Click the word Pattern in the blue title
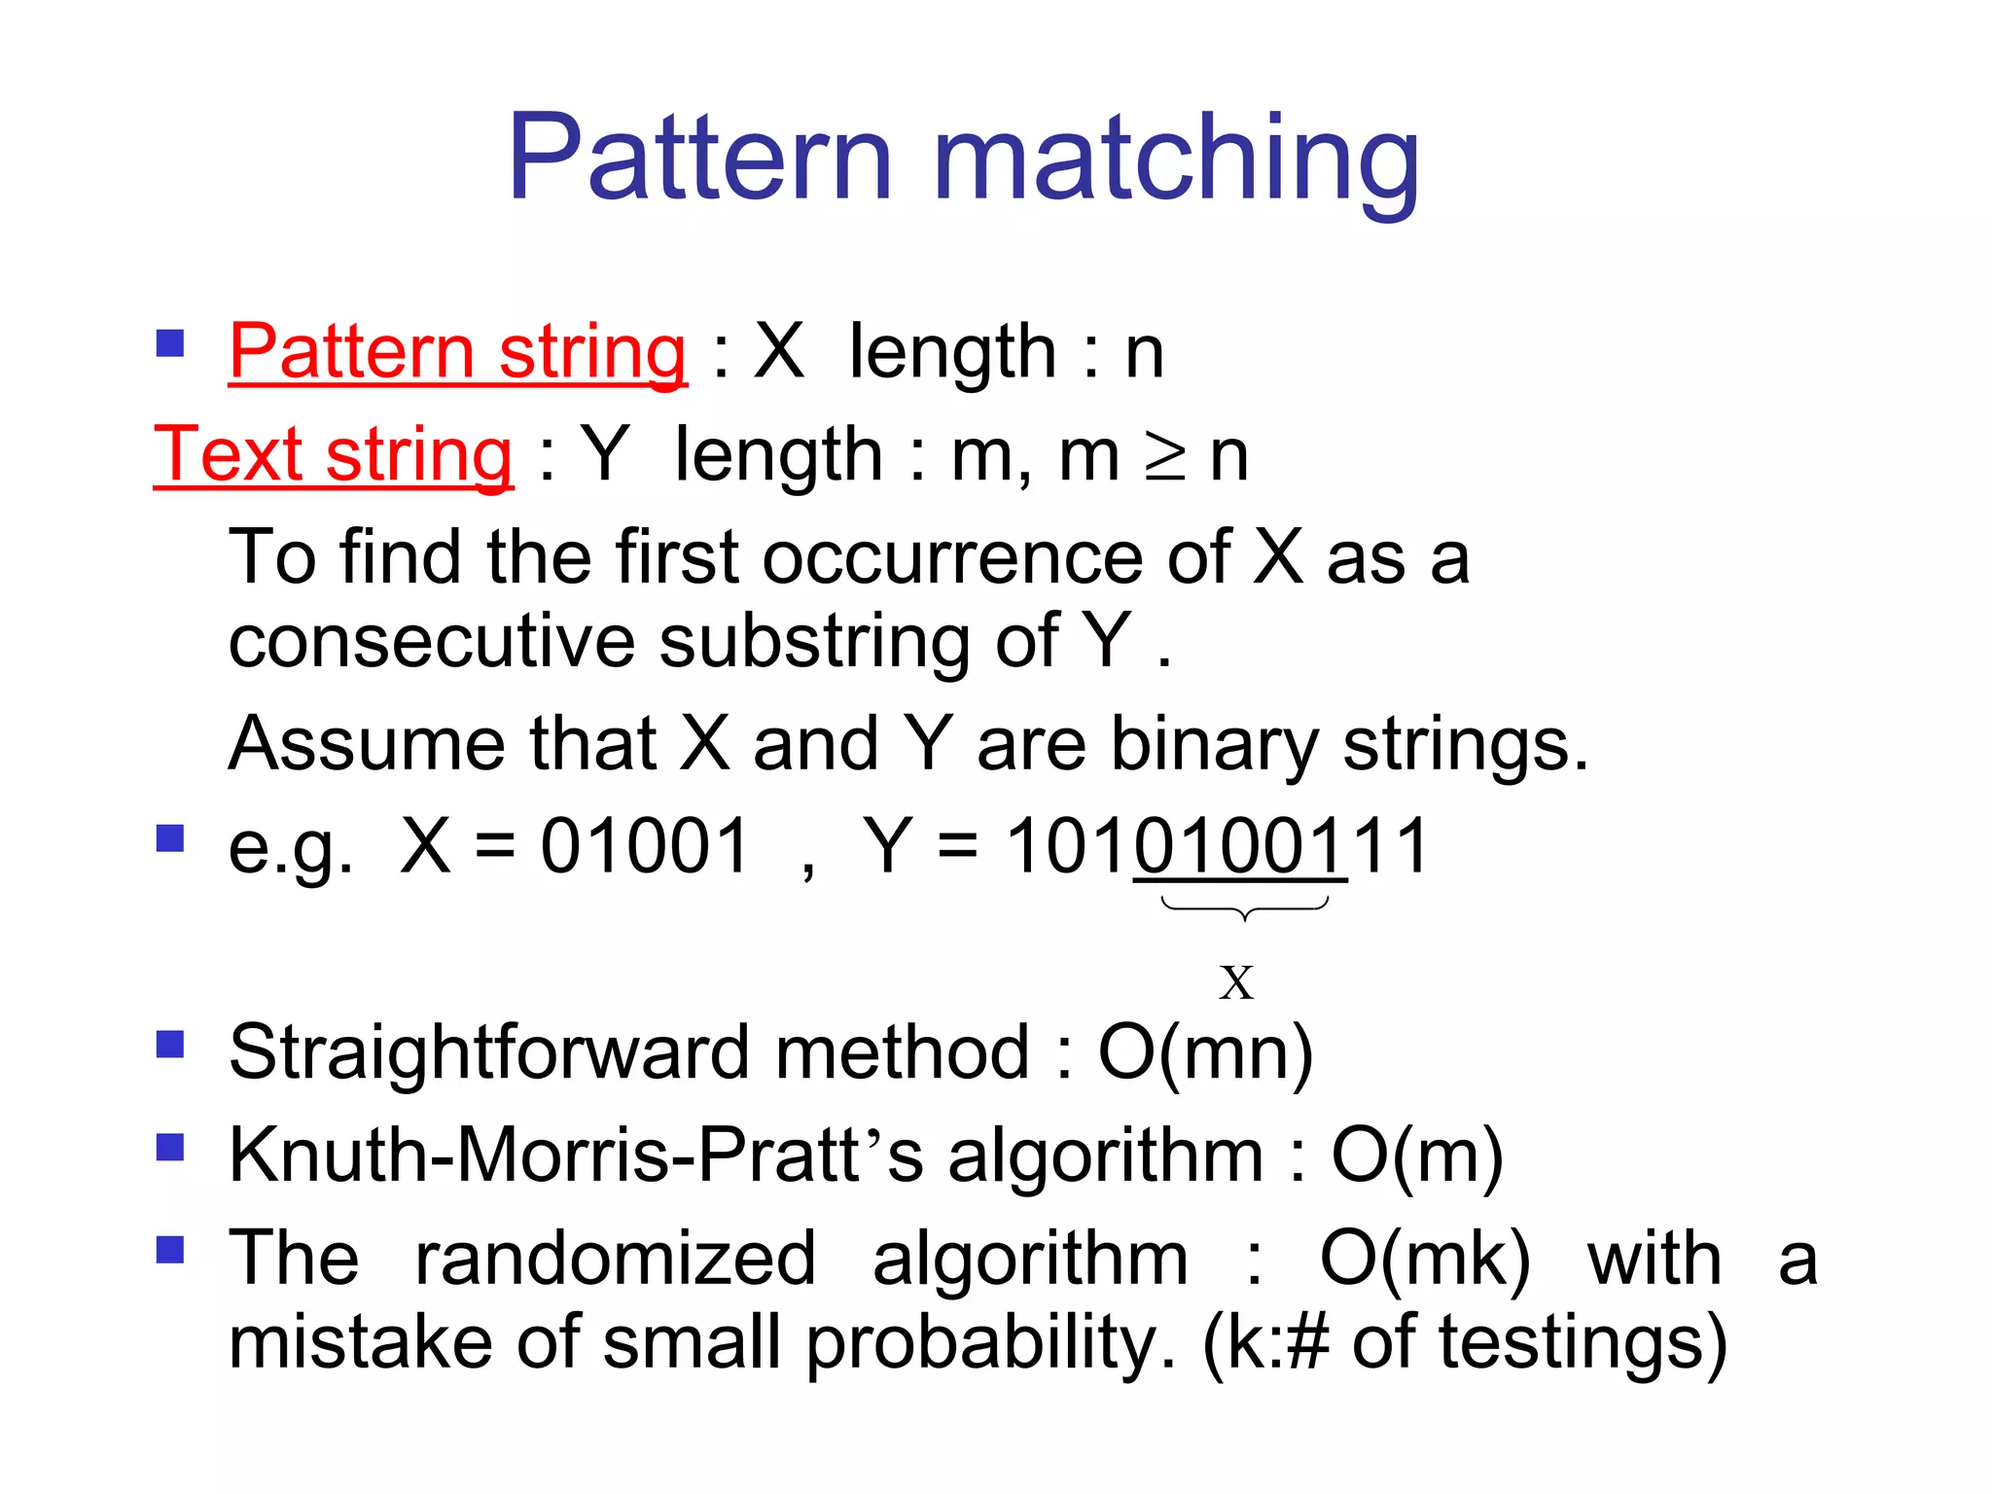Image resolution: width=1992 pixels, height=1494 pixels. point(699,158)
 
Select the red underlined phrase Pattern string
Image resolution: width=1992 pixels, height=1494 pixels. point(457,351)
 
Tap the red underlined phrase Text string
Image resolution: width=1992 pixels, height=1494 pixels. point(334,454)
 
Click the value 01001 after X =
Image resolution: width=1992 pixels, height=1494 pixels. point(645,845)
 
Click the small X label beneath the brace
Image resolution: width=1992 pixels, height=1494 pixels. point(1236,982)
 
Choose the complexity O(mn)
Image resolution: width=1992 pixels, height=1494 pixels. point(1205,1052)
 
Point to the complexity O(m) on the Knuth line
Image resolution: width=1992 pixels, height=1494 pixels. point(1416,1156)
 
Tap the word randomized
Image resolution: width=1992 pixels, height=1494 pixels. point(615,1259)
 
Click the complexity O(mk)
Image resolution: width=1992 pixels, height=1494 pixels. point(1425,1259)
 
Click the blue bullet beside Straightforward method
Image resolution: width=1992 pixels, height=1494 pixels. point(170,1045)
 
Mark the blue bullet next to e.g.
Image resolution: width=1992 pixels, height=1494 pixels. point(170,837)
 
